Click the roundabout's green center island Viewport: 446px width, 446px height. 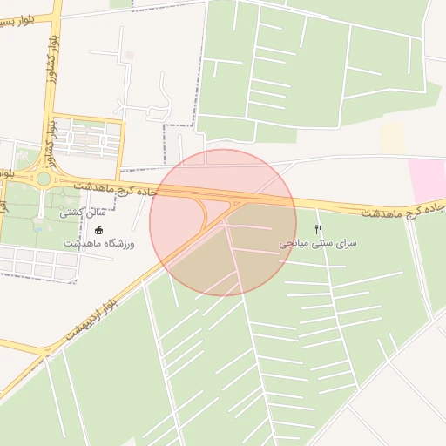(43, 179)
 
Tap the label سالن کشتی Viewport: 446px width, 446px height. (83, 212)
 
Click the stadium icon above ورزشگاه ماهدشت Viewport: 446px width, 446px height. (98, 230)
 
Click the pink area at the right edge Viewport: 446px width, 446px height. (428, 179)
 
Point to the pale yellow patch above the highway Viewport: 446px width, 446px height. (393, 139)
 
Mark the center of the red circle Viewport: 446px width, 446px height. (223, 222)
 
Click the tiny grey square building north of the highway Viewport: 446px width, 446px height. (130, 55)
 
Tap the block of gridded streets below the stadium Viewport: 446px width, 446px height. (35, 260)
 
